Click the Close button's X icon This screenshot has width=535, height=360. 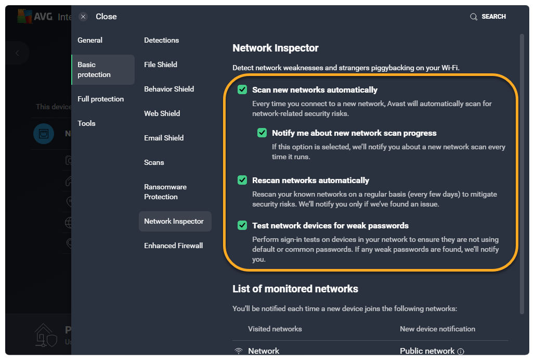tap(83, 17)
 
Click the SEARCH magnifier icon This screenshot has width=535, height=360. tap(474, 17)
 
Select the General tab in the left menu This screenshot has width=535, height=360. tap(90, 40)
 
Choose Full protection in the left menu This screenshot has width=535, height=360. tap(100, 99)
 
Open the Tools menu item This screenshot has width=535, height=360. tap(86, 123)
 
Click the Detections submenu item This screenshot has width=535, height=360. tap(161, 40)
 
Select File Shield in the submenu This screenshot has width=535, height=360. tap(161, 65)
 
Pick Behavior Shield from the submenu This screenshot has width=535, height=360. tap(169, 89)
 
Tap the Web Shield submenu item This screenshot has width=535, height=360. tap(162, 113)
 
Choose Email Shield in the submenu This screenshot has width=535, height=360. tap(164, 138)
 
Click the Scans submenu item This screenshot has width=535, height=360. tap(154, 162)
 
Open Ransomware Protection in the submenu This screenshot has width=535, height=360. tap(165, 191)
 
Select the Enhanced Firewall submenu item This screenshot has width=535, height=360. tap(173, 246)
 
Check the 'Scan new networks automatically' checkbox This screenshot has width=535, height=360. tap(242, 89)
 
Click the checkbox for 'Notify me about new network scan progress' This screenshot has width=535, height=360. tap(262, 133)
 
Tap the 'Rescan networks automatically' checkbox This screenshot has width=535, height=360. tap(242, 180)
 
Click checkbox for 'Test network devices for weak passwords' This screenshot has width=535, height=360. tap(242, 225)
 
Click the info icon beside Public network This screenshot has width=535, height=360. tap(461, 351)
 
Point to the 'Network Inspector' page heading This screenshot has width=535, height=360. tap(276, 48)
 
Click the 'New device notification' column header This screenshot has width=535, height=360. tap(437, 329)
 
